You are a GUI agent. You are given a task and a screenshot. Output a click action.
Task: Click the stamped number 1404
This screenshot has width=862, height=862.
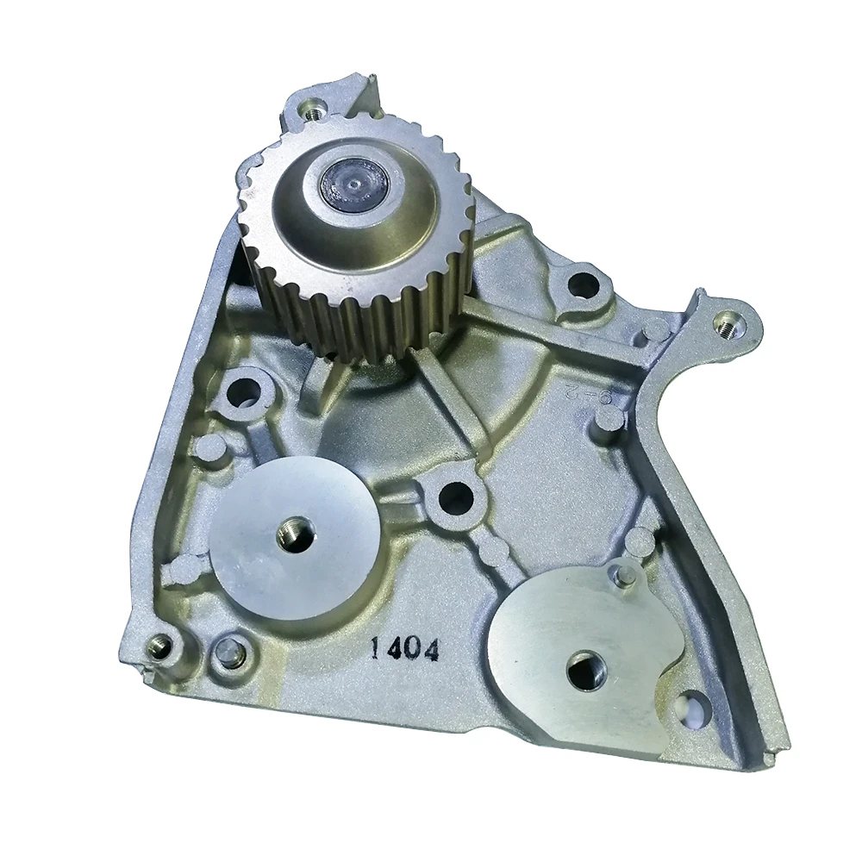[404, 647]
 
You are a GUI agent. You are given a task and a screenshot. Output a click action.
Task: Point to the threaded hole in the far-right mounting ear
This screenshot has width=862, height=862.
[728, 323]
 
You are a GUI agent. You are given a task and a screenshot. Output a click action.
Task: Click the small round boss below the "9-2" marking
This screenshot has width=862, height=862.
[609, 418]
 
